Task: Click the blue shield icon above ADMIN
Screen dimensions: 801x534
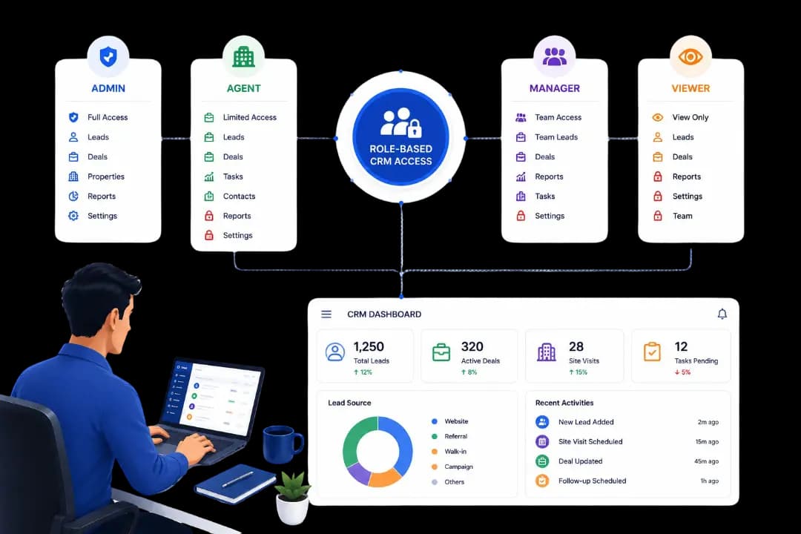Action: click(x=108, y=56)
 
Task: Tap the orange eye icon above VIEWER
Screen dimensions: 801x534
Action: click(x=690, y=56)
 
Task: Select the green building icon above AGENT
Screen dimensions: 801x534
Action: click(x=244, y=56)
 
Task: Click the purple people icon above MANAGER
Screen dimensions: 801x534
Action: click(x=554, y=56)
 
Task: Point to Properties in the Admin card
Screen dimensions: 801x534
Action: click(x=106, y=177)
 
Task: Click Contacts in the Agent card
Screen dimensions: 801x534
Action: click(x=239, y=197)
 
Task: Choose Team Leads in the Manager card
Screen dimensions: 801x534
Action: click(x=556, y=137)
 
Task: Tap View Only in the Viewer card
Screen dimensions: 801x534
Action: click(x=690, y=117)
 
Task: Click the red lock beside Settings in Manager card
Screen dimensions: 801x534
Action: click(x=521, y=216)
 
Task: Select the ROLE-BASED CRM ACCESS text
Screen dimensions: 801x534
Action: click(x=401, y=155)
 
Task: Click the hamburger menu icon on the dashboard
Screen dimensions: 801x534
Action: click(x=326, y=314)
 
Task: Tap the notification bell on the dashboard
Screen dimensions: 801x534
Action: click(x=722, y=314)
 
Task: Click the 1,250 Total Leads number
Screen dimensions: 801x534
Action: click(x=369, y=346)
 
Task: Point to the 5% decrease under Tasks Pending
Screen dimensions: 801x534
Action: click(x=682, y=372)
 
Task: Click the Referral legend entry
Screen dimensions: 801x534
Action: click(x=455, y=436)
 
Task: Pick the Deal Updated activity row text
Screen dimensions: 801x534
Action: click(x=580, y=461)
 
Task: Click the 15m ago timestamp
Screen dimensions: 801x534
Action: click(x=707, y=442)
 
